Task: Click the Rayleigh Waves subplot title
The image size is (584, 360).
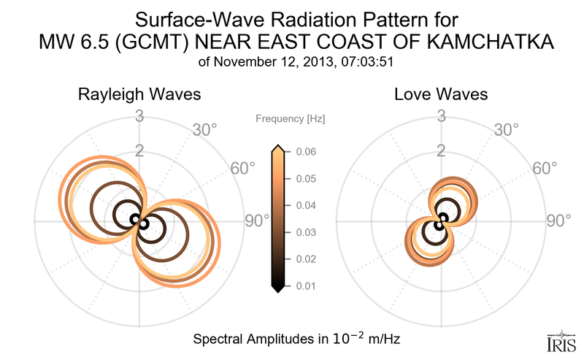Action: [140, 95]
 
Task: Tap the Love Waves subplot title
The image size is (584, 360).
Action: [441, 95]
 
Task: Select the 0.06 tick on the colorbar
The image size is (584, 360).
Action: [307, 152]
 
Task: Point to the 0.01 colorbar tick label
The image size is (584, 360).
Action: [307, 286]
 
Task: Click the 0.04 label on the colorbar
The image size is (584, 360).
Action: [307, 205]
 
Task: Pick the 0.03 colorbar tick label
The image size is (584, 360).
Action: [307, 232]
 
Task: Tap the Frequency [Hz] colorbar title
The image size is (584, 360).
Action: [291, 118]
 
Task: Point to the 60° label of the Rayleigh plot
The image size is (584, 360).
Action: [242, 168]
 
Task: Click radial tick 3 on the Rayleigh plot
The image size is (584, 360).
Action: [139, 115]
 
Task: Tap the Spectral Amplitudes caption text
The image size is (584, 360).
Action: [296, 339]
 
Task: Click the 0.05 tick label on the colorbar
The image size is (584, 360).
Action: [307, 179]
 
